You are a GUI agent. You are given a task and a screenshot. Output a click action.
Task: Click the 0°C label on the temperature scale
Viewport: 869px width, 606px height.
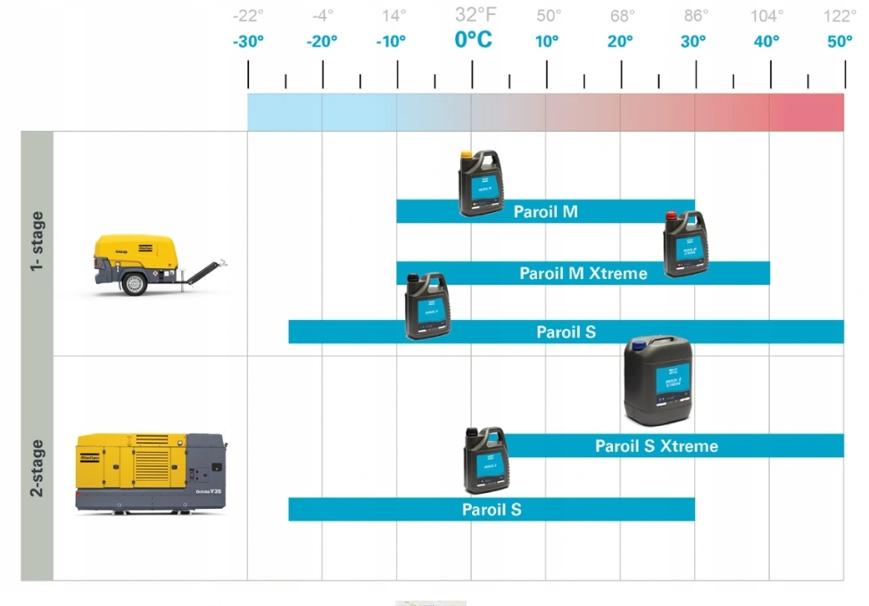pyautogui.click(x=473, y=40)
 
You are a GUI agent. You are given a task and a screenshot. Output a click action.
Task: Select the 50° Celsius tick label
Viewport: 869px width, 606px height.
pyautogui.click(x=840, y=42)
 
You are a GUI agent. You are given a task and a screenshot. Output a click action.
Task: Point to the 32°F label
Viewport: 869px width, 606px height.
pyautogui.click(x=476, y=14)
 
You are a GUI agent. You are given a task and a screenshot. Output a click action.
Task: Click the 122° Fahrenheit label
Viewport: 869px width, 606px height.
pyautogui.click(x=840, y=15)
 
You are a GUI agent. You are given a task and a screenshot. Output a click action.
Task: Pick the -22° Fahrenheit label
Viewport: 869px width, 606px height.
pyautogui.click(x=247, y=15)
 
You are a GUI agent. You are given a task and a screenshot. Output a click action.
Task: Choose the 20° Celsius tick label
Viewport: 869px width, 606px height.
pyautogui.click(x=620, y=42)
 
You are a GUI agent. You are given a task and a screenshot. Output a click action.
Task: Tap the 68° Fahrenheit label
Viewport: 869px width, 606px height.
pyautogui.click(x=623, y=15)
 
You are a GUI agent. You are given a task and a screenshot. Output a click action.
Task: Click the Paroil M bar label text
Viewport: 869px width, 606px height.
pyautogui.click(x=545, y=212)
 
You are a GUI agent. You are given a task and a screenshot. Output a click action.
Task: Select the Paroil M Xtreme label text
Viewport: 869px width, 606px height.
pyautogui.click(x=583, y=274)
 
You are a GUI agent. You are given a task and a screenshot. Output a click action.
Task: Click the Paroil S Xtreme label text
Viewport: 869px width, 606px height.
pyautogui.click(x=656, y=446)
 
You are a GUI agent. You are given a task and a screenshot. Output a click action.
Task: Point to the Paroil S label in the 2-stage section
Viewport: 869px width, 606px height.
pyautogui.click(x=492, y=510)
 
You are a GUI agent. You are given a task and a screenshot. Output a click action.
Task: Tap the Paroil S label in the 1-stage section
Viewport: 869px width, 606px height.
pyautogui.click(x=566, y=332)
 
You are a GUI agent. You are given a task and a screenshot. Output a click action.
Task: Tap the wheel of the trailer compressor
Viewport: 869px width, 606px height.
pyautogui.click(x=136, y=284)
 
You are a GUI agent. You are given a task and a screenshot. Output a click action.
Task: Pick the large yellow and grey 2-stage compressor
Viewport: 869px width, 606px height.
pyautogui.click(x=150, y=471)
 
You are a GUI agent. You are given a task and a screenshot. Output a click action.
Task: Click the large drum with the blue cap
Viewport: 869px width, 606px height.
pyautogui.click(x=658, y=381)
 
